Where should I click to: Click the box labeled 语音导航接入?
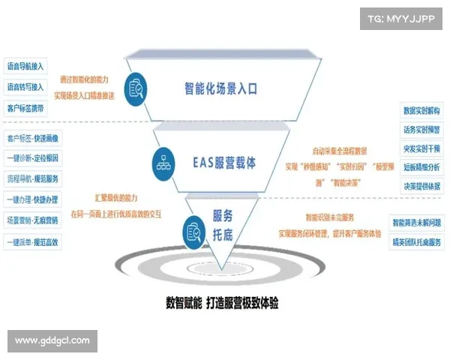25,65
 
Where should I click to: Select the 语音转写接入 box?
25,87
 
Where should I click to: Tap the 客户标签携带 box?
25,109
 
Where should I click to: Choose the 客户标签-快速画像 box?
31,139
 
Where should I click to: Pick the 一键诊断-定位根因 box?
31,159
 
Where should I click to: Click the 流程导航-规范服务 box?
31,179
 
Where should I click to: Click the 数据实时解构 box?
421,111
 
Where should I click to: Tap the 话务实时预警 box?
421,129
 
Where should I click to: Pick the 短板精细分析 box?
421,166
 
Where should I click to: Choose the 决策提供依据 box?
421,185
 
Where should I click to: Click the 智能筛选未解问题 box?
417,223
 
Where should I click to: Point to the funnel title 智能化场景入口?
221,88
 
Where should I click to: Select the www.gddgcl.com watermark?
52,340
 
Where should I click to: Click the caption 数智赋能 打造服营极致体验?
223,304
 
